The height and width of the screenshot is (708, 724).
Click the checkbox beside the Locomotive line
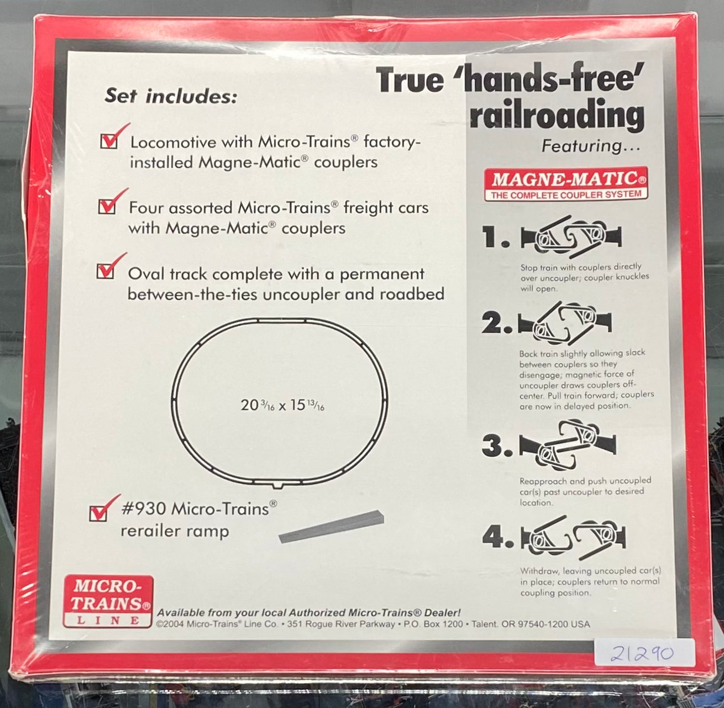point(109,141)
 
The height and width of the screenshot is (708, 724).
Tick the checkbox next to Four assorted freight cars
point(107,207)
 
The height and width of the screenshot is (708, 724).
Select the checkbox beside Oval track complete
point(105,271)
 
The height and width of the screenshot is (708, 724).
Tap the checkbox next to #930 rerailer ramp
point(98,513)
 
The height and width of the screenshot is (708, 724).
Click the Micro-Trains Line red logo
point(108,601)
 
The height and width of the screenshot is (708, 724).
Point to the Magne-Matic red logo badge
point(566,183)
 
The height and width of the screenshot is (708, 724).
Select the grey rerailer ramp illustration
point(331,530)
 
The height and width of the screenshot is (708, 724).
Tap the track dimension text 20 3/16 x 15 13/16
point(282,405)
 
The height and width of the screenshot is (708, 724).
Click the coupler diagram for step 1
point(571,237)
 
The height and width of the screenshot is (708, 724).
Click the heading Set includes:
point(170,96)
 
